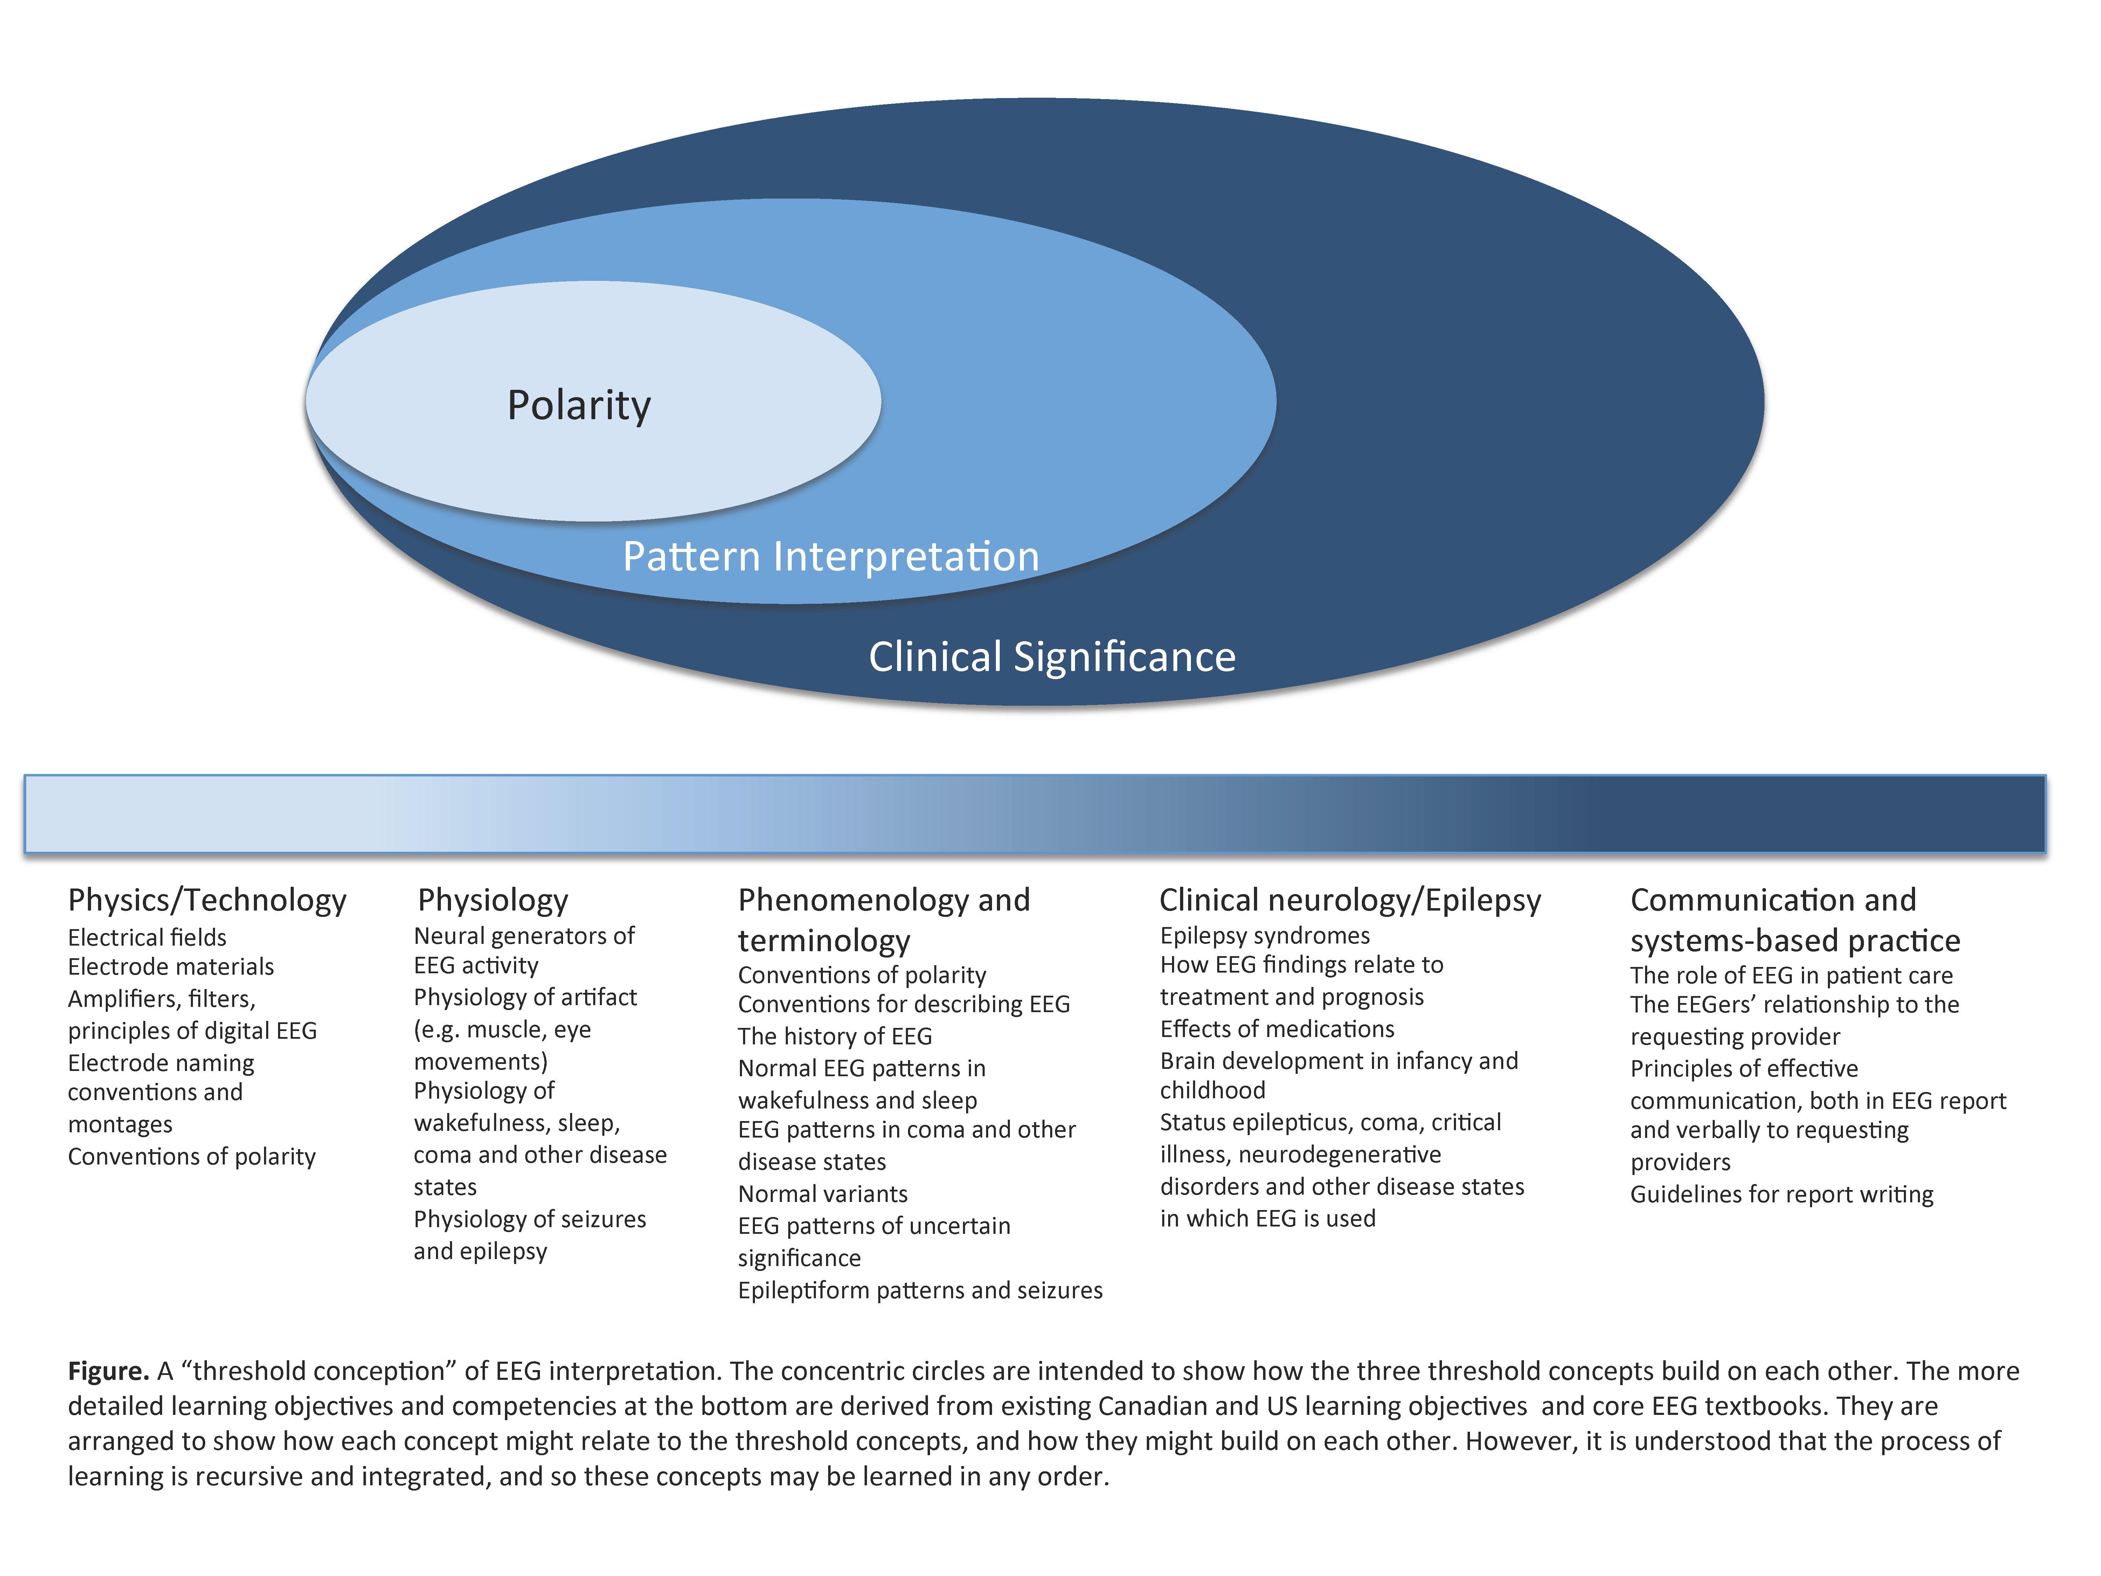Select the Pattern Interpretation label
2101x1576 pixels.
[830, 557]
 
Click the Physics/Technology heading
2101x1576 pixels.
[207, 900]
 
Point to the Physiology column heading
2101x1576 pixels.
[493, 900]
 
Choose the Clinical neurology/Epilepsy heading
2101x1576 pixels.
[1350, 900]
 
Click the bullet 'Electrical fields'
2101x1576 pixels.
[147, 938]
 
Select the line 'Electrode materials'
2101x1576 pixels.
[171, 967]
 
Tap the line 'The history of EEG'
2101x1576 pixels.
[835, 1036]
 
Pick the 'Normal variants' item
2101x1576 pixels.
[823, 1194]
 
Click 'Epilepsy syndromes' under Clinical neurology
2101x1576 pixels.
[1264, 936]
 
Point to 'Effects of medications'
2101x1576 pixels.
[1277, 1029]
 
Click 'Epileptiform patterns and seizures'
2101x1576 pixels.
[920, 1290]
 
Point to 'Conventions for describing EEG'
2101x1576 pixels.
[903, 1004]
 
